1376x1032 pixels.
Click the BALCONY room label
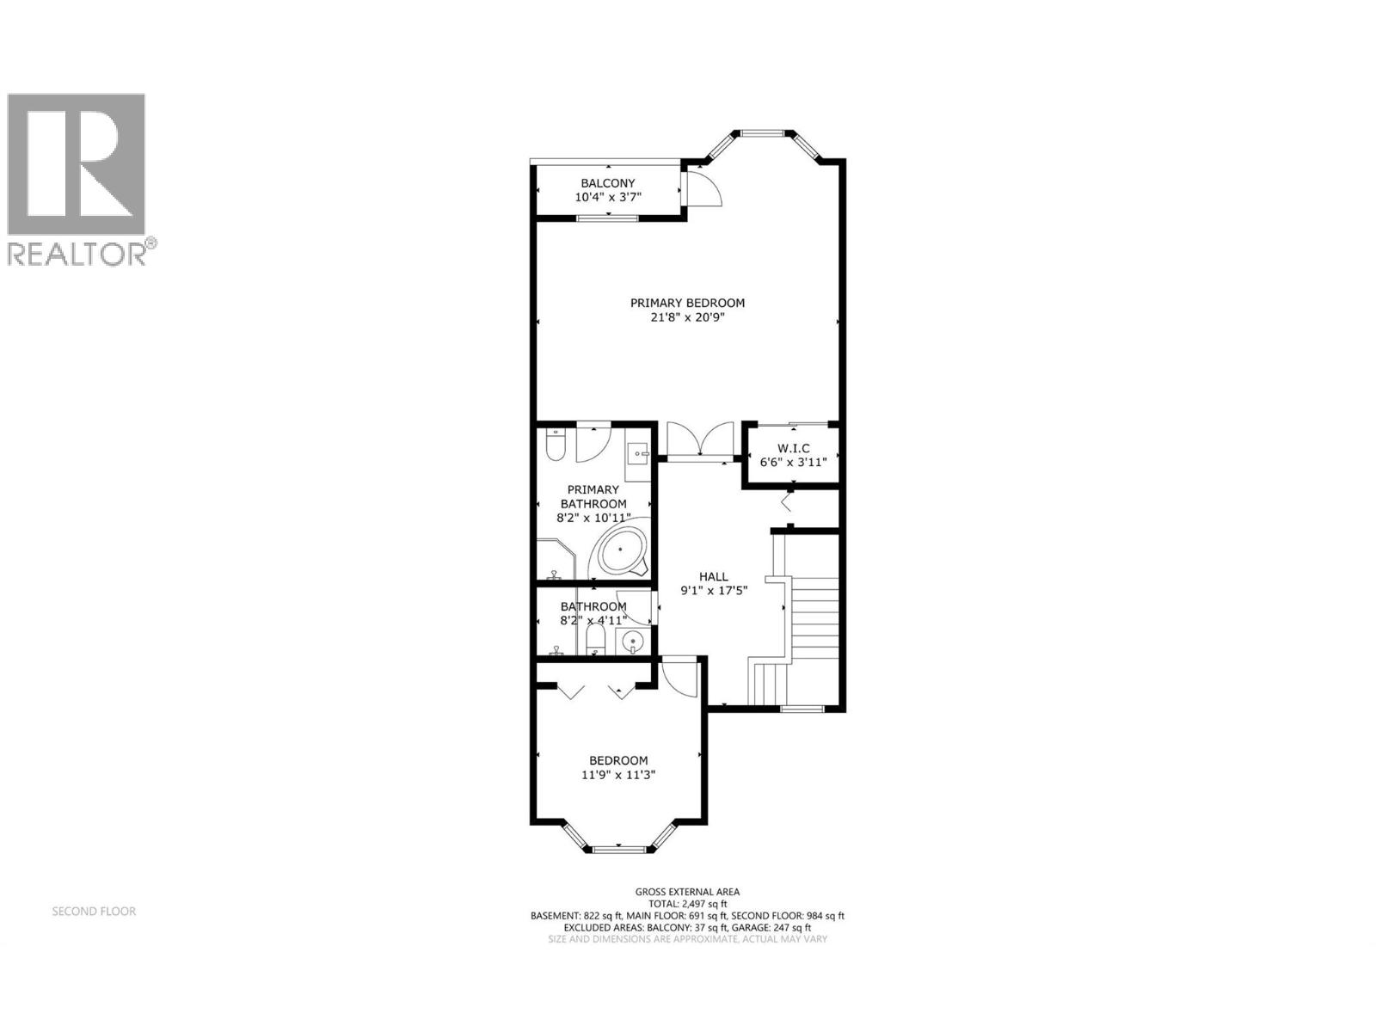pyautogui.click(x=607, y=183)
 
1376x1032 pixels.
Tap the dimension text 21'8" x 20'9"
pyautogui.click(x=687, y=317)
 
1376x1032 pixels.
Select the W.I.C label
pyautogui.click(x=793, y=448)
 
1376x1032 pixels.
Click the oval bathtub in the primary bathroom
pyautogui.click(x=620, y=551)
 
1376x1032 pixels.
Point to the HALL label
pyautogui.click(x=713, y=576)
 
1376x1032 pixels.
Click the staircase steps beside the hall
pyautogui.click(x=814, y=615)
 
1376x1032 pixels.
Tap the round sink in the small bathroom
pyautogui.click(x=635, y=641)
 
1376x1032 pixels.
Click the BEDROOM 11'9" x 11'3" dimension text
pyautogui.click(x=618, y=775)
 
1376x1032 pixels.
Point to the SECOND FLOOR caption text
pyautogui.click(x=94, y=911)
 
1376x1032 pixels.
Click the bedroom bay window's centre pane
pyautogui.click(x=618, y=850)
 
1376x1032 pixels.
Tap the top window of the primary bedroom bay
pyautogui.click(x=763, y=132)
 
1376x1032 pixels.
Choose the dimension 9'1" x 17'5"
pyautogui.click(x=713, y=591)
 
